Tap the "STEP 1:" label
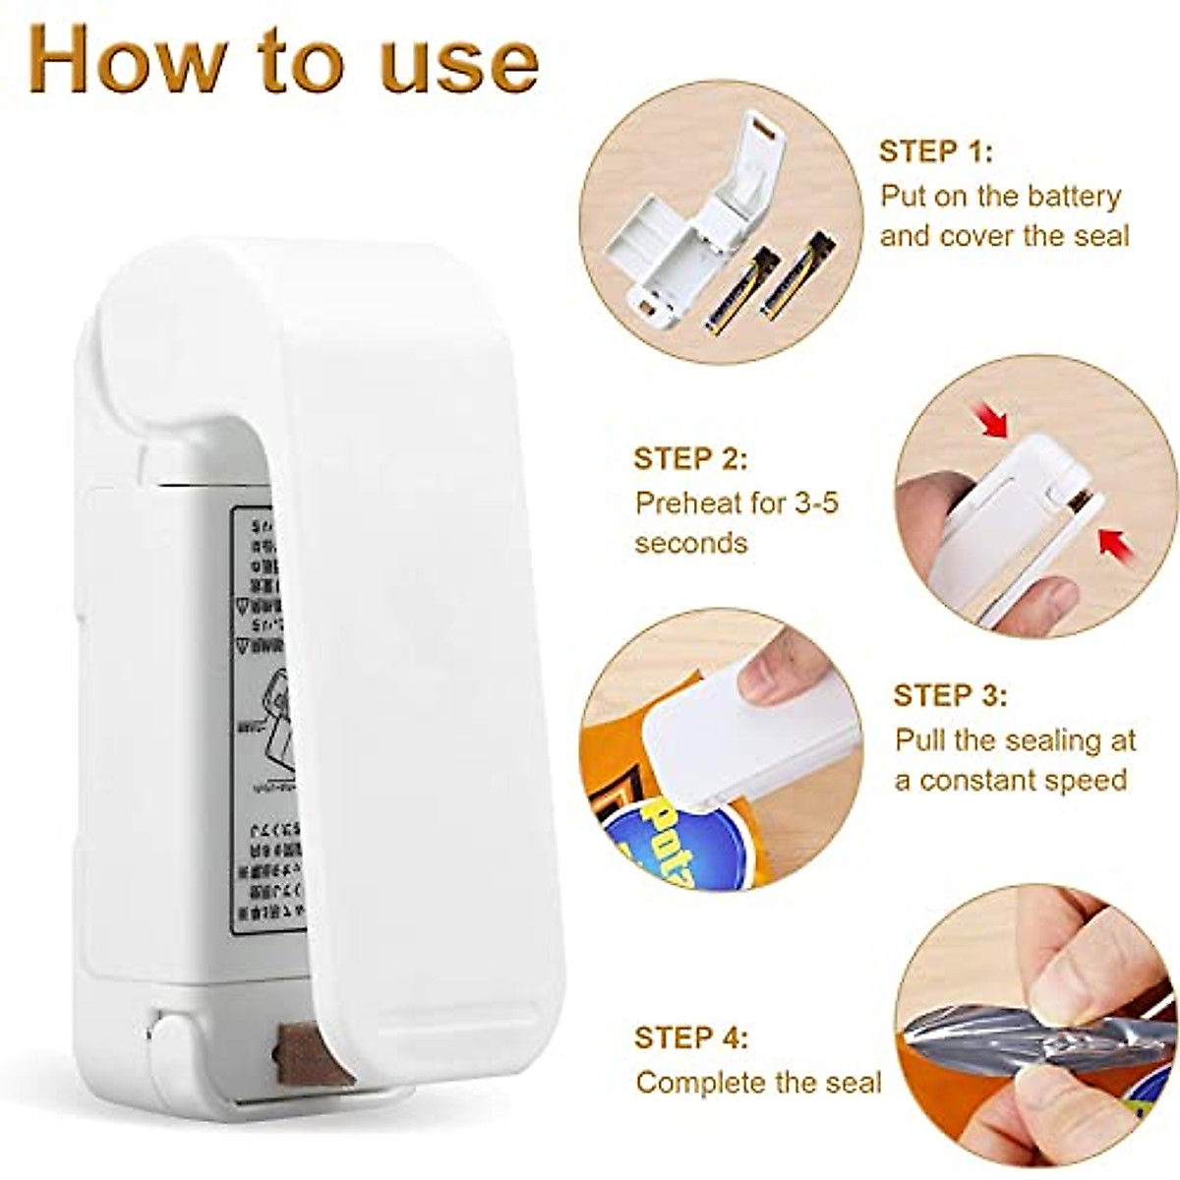(x=935, y=151)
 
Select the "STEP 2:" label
(x=690, y=459)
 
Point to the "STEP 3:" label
(x=950, y=695)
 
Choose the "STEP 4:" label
(x=690, y=1038)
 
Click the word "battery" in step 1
(x=1073, y=196)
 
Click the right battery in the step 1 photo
(x=797, y=275)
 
